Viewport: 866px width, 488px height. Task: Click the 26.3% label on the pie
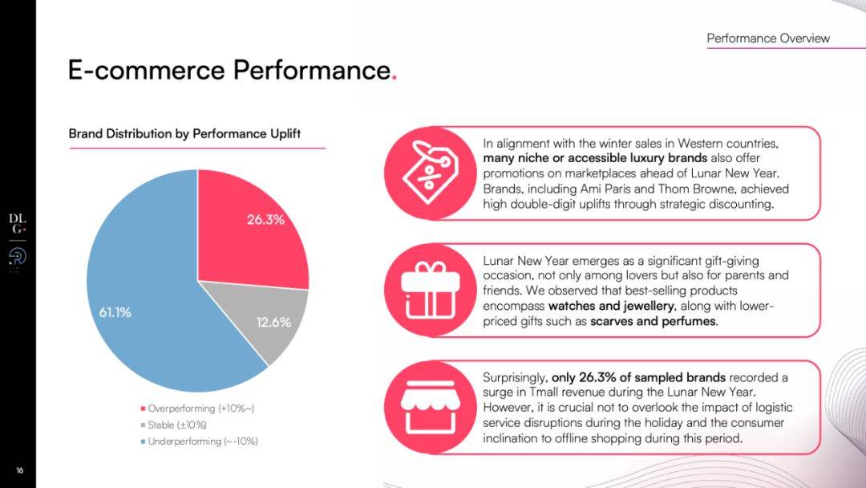(x=265, y=219)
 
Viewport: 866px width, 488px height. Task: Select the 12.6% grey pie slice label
(x=273, y=323)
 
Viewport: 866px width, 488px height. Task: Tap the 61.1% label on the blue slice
(x=115, y=312)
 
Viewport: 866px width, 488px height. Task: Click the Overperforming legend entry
(x=201, y=409)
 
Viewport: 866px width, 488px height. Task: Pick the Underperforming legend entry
(x=203, y=441)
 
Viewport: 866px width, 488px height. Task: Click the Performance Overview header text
(x=768, y=39)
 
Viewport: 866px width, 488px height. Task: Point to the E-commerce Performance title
(x=229, y=71)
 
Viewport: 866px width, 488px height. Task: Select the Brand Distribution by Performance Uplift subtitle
(x=184, y=133)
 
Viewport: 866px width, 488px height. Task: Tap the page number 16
(x=19, y=470)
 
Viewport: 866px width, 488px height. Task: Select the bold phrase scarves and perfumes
(x=653, y=321)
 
